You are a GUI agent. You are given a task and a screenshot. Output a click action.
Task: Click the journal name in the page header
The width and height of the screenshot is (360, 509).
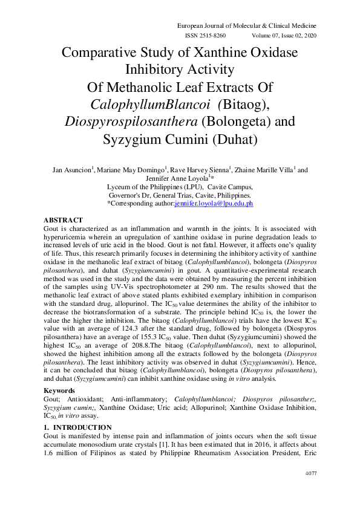click(246, 26)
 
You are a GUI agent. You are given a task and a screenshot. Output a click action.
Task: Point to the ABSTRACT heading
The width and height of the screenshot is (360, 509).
click(64, 220)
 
